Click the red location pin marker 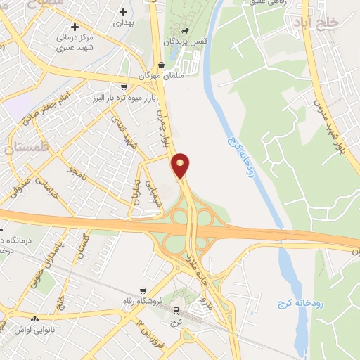coord(181,165)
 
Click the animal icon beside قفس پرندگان coord(184,31)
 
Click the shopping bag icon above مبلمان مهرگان coord(162,65)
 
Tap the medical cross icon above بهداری coord(124,12)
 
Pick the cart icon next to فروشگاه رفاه coord(143,290)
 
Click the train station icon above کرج coord(176,310)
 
